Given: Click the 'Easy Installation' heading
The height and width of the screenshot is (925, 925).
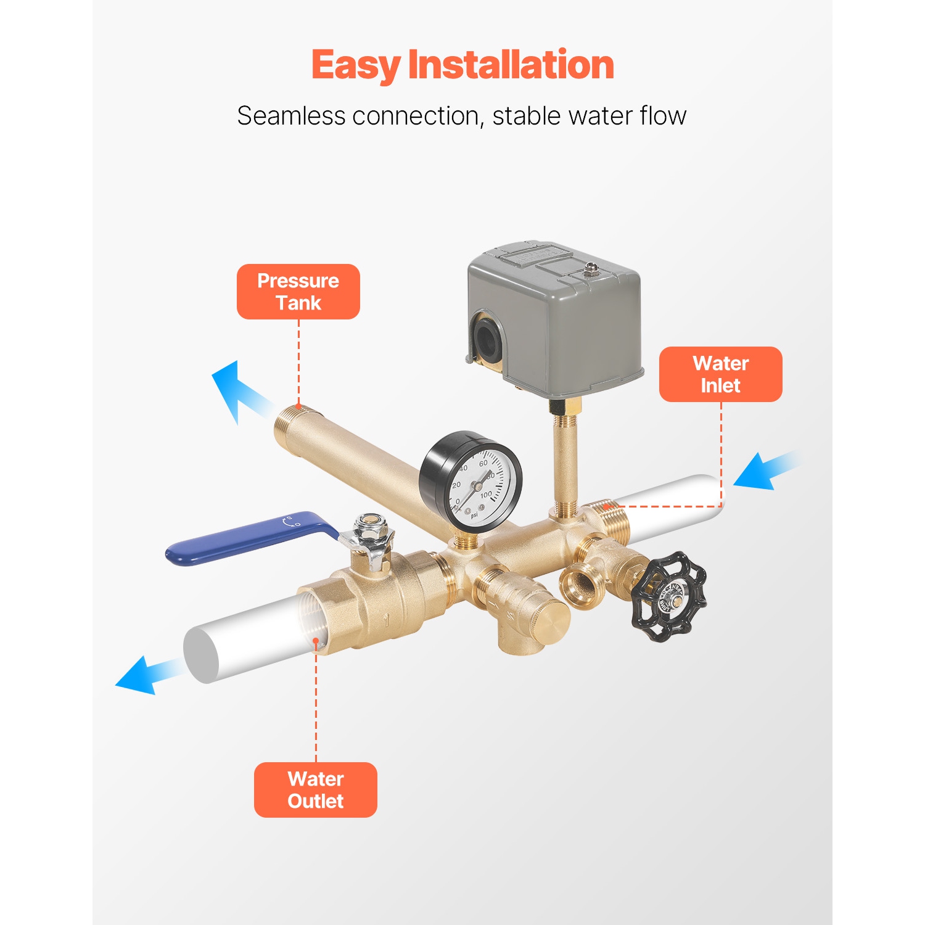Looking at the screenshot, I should tap(462, 65).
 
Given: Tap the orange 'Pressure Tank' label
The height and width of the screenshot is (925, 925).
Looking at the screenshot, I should tap(298, 292).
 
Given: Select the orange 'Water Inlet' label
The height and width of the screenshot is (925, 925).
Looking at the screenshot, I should tap(720, 374).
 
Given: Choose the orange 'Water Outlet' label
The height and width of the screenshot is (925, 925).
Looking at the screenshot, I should tap(316, 790).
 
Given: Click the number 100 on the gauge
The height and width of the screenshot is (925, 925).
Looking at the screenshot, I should tap(486, 495).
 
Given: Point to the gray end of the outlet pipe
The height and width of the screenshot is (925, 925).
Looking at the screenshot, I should tap(201, 654).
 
